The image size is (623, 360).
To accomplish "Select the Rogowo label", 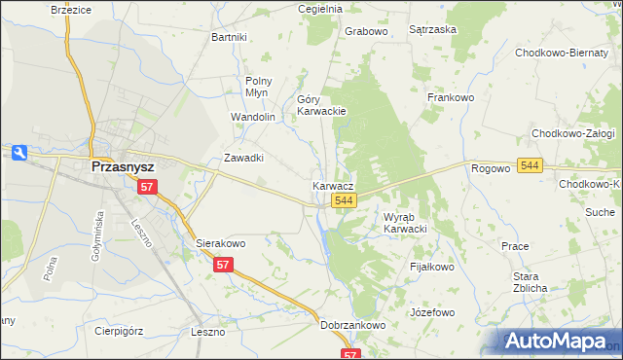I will pos(491,168).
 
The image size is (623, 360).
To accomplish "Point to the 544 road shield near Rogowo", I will pos(530,166).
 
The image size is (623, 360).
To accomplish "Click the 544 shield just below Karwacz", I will pos(342,200).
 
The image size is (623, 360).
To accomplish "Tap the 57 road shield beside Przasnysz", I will pos(147,186).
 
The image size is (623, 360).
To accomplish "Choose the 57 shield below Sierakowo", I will pos(224,265).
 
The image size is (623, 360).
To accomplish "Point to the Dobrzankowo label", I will pos(353,326).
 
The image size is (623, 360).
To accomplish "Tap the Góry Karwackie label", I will pos(321,105).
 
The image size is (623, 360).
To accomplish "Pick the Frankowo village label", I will pos(450,97).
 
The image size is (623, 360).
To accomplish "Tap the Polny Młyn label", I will pos(259,88).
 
